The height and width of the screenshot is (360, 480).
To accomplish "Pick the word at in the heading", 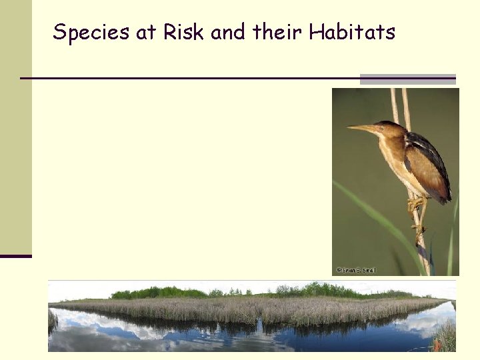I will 145,33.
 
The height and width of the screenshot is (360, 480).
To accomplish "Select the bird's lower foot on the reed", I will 419,230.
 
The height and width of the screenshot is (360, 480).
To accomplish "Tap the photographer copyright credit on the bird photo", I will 357,270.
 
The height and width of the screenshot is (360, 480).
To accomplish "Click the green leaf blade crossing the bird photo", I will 373,213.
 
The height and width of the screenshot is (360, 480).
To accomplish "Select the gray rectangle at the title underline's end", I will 407,79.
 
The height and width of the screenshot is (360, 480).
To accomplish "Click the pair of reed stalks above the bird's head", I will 399,103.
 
